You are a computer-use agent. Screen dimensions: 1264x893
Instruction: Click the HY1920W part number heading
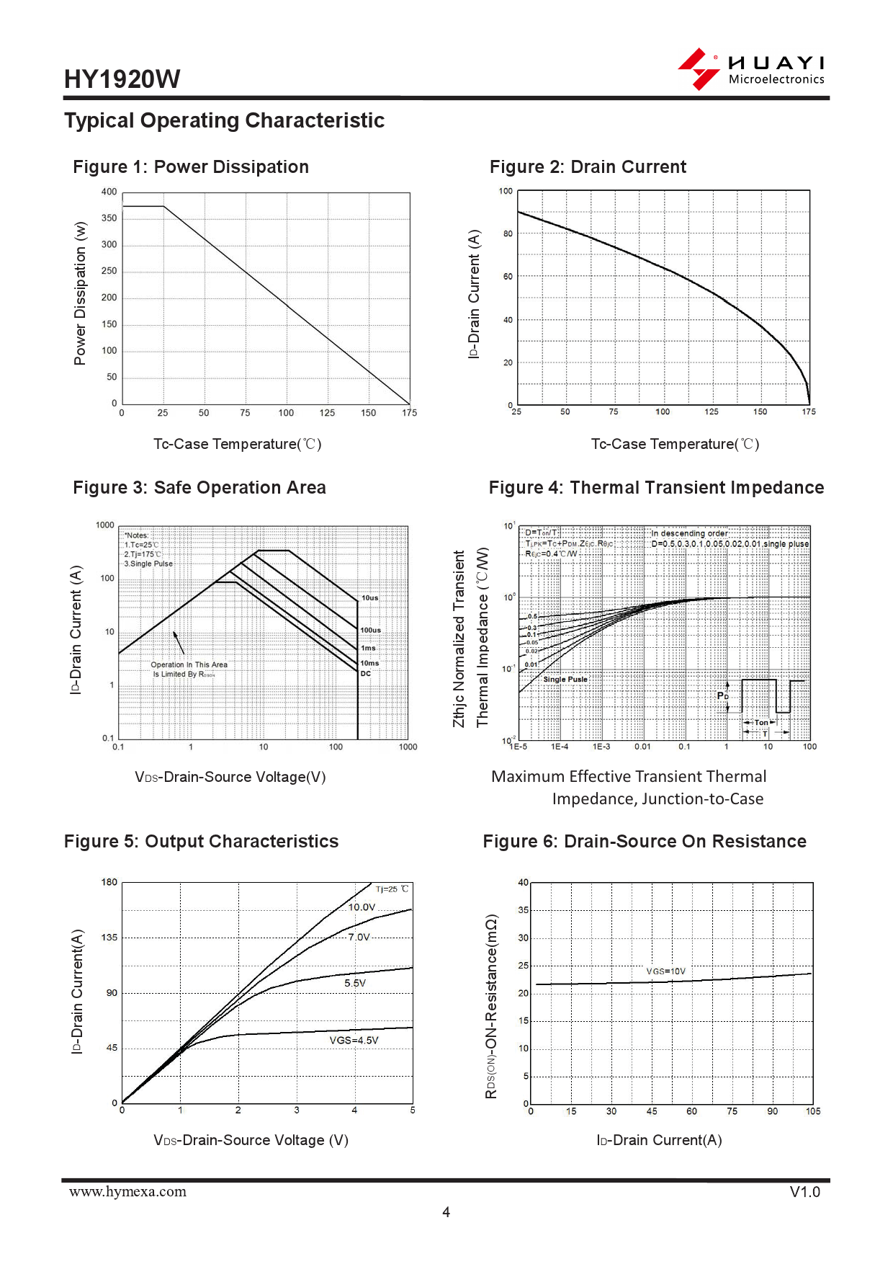click(x=122, y=79)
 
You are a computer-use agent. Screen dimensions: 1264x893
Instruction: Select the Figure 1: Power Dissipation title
click(x=191, y=167)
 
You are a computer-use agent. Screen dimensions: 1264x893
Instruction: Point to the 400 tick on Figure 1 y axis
click(x=109, y=192)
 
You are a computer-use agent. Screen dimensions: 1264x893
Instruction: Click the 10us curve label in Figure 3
click(x=369, y=598)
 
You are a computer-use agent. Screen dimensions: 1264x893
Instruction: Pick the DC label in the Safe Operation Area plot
click(x=366, y=674)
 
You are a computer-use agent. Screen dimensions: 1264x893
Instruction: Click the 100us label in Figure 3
click(x=371, y=631)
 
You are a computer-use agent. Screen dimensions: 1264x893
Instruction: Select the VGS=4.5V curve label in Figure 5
click(x=354, y=1041)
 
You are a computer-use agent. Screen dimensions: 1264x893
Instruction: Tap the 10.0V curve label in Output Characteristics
click(x=362, y=907)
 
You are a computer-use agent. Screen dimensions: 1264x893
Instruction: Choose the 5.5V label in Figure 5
click(x=355, y=983)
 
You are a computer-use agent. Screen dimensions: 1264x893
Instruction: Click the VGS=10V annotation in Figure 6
click(x=665, y=971)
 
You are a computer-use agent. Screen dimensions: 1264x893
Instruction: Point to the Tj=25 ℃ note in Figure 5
click(x=392, y=889)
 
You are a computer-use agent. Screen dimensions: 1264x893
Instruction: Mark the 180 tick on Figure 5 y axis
click(x=109, y=882)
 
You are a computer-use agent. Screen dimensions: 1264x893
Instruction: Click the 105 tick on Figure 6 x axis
click(x=813, y=1111)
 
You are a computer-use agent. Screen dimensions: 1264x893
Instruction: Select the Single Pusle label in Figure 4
click(x=565, y=680)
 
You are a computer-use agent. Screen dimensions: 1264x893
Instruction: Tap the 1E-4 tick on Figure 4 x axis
click(x=560, y=747)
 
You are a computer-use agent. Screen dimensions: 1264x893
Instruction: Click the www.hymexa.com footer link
click(x=127, y=1192)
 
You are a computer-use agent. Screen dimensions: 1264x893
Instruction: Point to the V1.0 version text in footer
click(x=804, y=1192)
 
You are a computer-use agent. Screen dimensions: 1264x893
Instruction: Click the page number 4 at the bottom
click(x=447, y=1212)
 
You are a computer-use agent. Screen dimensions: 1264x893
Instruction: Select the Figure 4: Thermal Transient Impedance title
click(x=656, y=488)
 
